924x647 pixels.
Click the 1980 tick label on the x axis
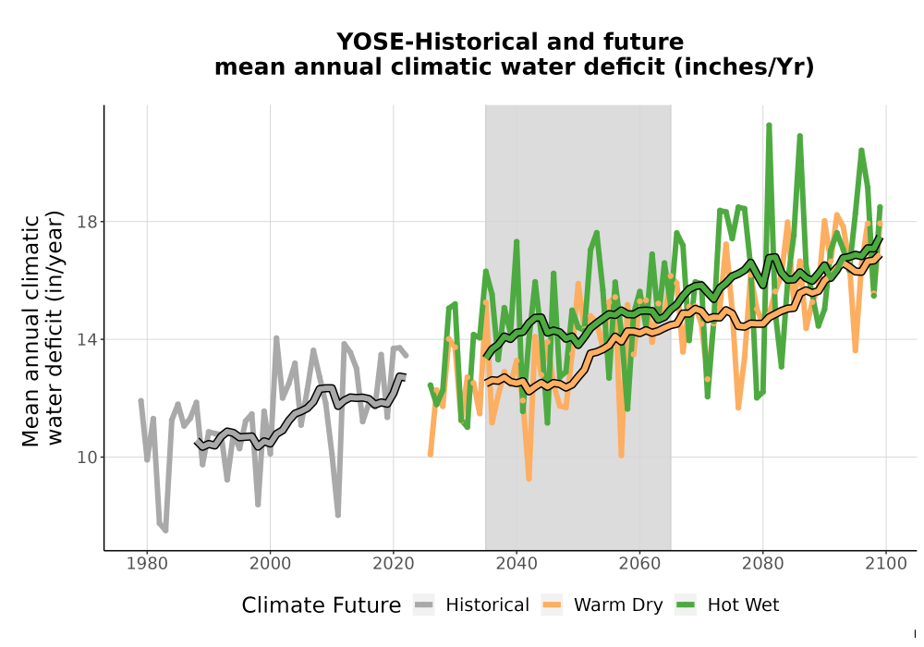click(147, 564)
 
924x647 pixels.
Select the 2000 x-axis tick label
click(270, 564)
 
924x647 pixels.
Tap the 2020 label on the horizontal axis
click(393, 564)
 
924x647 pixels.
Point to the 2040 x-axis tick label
click(517, 564)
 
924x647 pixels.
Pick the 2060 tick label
click(639, 564)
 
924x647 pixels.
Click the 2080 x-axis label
click(762, 564)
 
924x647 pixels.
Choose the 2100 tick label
click(886, 564)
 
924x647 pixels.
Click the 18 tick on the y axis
click(87, 222)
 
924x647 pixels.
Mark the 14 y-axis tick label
click(87, 339)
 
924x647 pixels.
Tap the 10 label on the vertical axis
click(87, 458)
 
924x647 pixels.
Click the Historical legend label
click(487, 605)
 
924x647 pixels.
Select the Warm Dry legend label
click(618, 605)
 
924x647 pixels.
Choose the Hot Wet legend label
click(743, 605)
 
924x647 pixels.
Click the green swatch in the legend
click(686, 605)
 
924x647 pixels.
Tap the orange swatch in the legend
click(553, 605)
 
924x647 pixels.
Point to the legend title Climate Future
click(322, 605)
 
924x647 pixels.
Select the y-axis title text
click(42, 328)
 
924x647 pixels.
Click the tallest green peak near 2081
click(769, 126)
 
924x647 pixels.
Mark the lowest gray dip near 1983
click(165, 530)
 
